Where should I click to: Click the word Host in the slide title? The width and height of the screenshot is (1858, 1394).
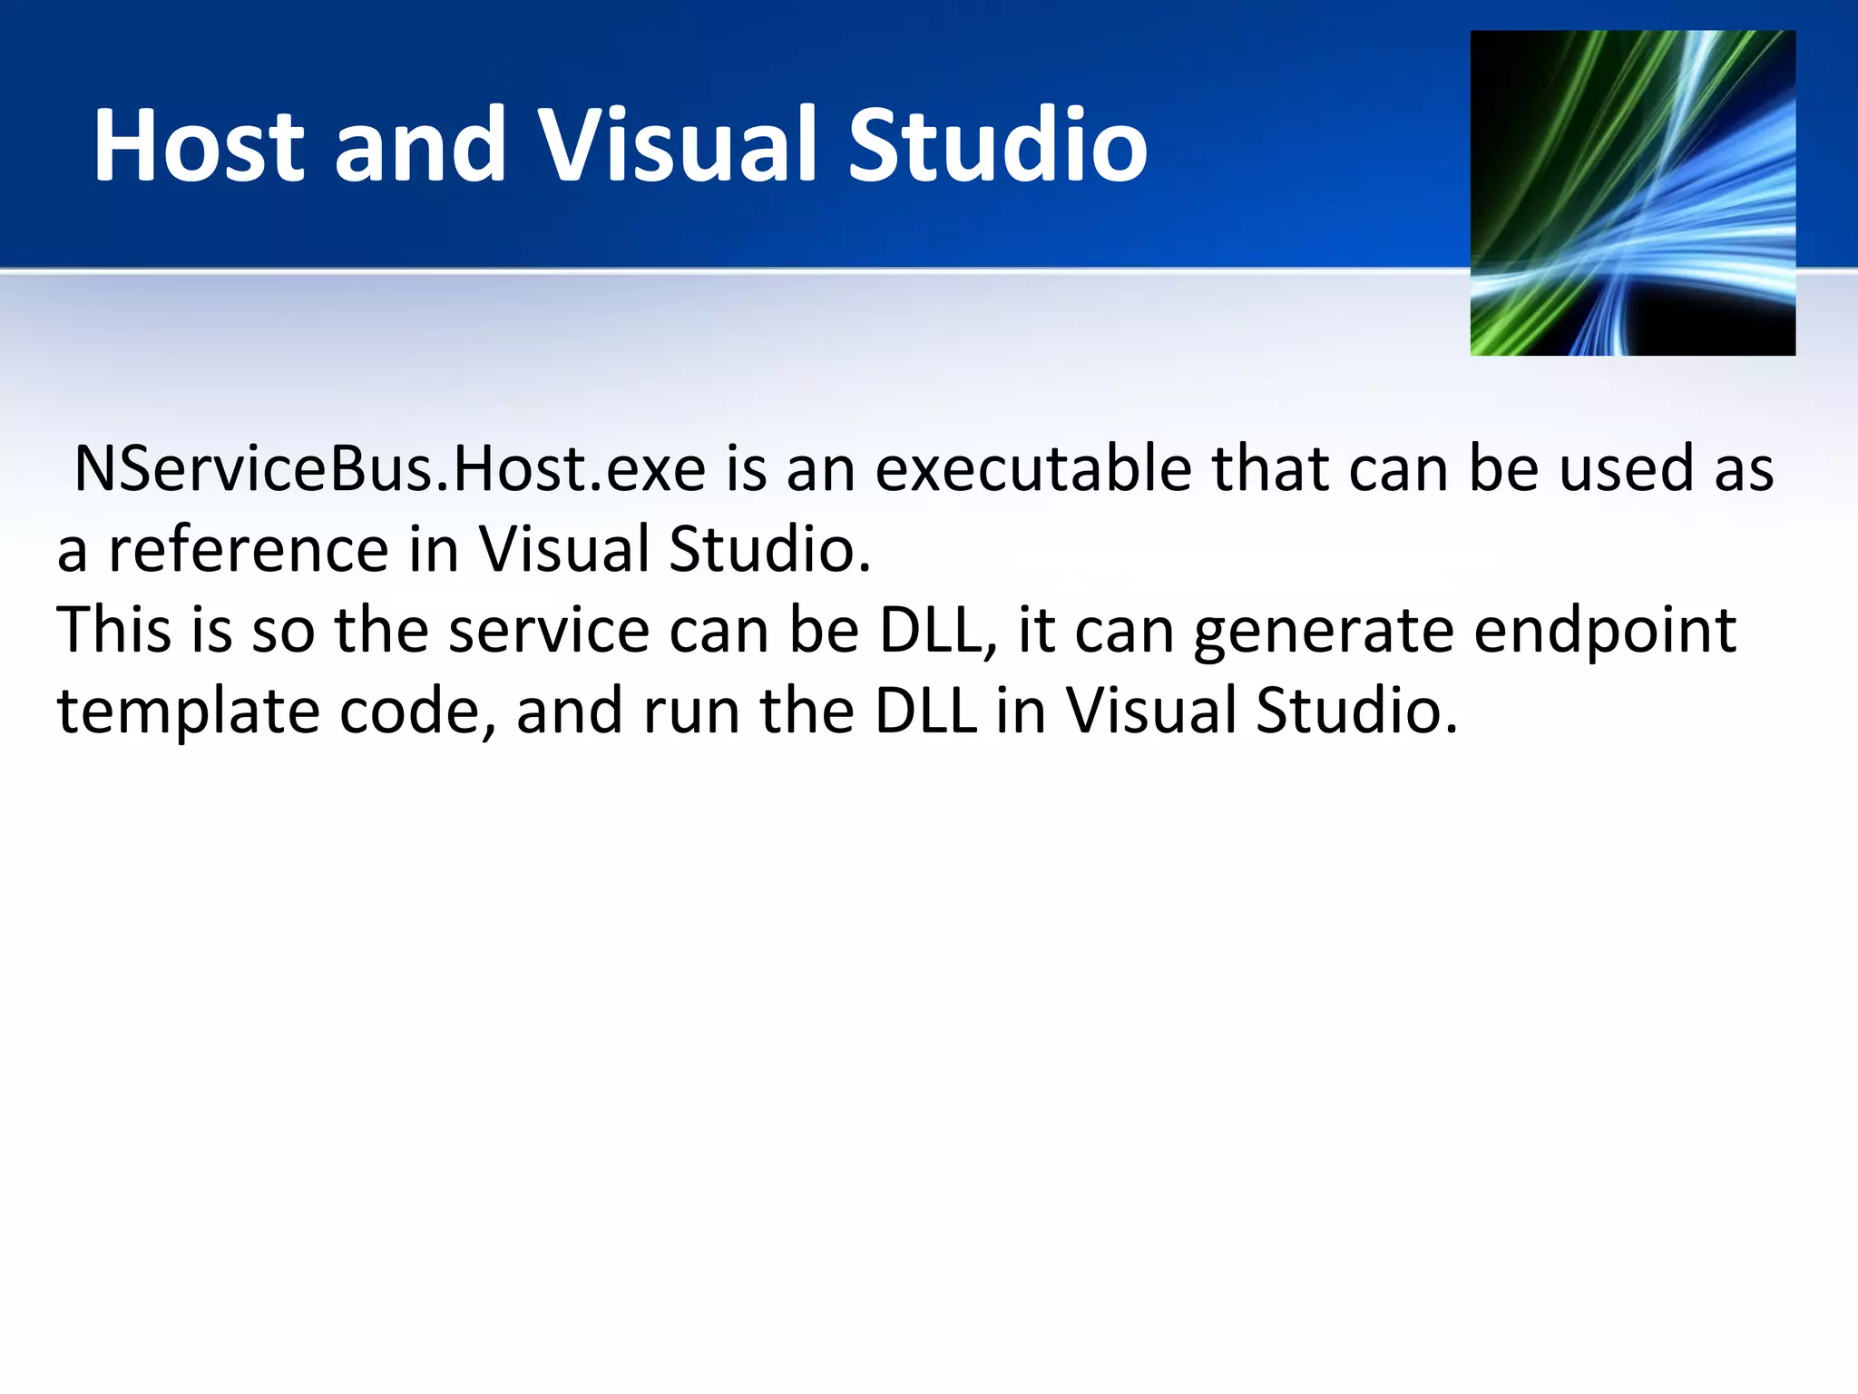click(x=199, y=145)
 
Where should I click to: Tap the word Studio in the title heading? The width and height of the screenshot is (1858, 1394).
click(x=997, y=145)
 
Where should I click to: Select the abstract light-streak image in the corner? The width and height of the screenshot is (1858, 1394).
click(x=1632, y=192)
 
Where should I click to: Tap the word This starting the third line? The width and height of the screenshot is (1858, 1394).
click(x=113, y=630)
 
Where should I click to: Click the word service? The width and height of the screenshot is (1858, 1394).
click(x=549, y=632)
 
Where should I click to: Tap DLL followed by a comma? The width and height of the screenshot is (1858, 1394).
click(x=934, y=630)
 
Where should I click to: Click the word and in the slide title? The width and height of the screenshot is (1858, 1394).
click(x=419, y=145)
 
